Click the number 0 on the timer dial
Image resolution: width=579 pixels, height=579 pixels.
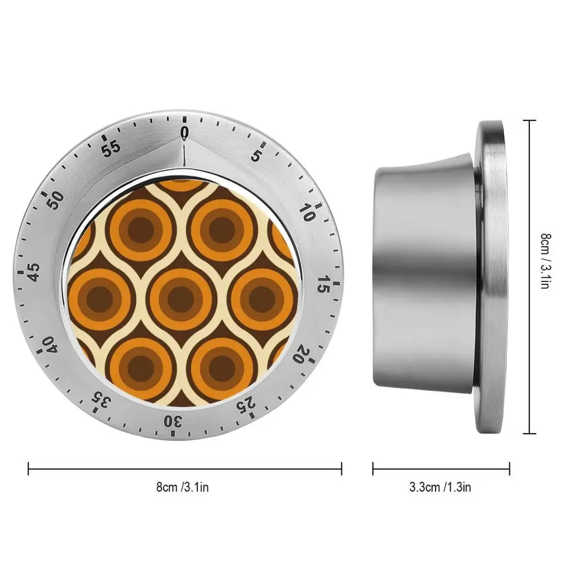185,133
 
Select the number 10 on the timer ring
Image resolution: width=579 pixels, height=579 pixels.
307,212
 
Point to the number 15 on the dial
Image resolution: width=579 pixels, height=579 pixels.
324,284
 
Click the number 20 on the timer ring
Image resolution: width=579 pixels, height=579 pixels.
302,353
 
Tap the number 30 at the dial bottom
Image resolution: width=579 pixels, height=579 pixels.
173,422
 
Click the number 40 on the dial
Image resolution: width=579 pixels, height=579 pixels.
50,345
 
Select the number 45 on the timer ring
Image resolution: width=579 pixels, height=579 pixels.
34,272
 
